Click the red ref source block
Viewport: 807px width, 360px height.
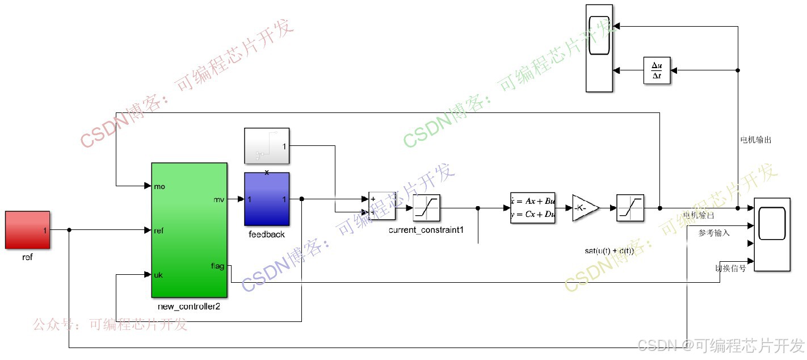tap(27, 230)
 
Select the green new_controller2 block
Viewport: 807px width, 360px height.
tap(189, 230)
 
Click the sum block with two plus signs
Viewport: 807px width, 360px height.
tap(381, 206)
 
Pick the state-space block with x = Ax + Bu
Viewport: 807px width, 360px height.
tap(532, 208)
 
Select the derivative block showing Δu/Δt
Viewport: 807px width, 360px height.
tap(657, 70)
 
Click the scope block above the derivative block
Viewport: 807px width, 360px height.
tap(599, 48)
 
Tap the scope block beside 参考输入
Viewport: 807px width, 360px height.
tap(772, 235)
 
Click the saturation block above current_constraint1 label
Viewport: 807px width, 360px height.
tap(427, 208)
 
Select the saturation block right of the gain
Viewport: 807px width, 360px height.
tap(630, 208)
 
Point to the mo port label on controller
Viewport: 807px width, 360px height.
tap(159, 186)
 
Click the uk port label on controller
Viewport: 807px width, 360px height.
tap(159, 275)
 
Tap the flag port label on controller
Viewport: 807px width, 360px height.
tap(217, 266)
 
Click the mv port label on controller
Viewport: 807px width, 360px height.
tap(218, 199)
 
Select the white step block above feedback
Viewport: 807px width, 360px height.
tap(267, 148)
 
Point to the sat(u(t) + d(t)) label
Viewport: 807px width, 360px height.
tap(609, 250)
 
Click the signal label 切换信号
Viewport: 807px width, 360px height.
tap(730, 268)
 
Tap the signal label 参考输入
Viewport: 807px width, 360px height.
tap(714, 233)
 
